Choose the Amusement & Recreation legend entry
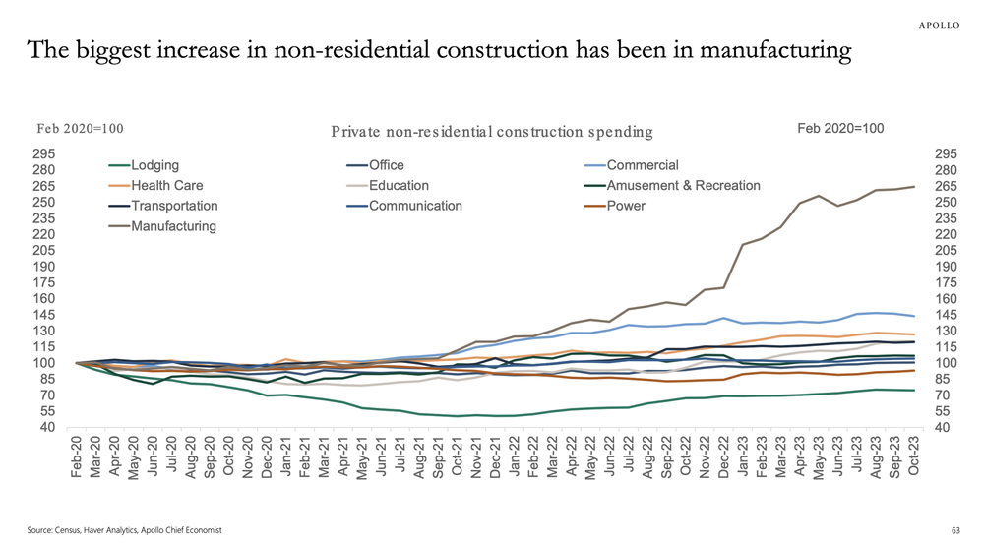click(683, 186)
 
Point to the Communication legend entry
click(415, 206)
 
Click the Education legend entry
click(399, 186)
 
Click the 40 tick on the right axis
click(940, 427)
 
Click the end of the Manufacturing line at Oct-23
click(914, 186)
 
